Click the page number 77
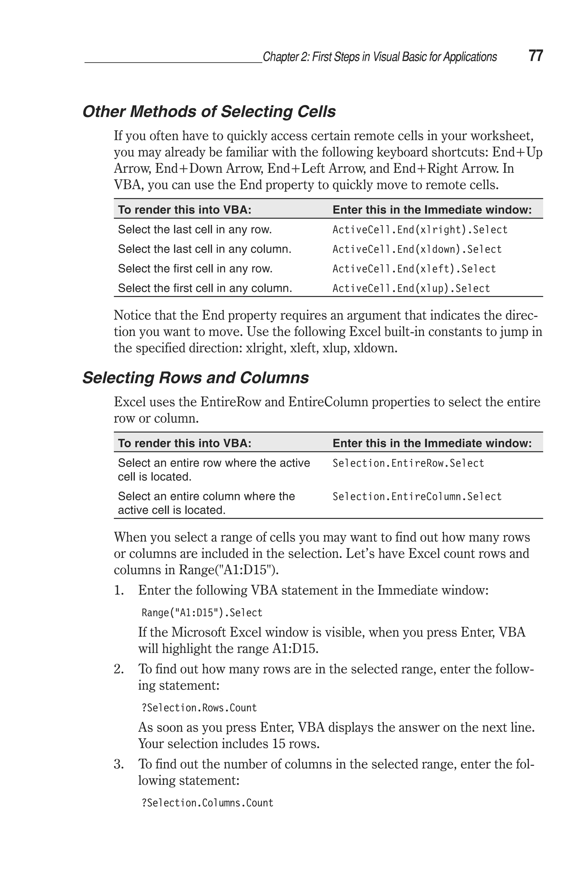(536, 56)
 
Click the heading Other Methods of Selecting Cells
(209, 112)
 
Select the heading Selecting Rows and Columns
(196, 378)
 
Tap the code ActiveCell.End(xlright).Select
(420, 230)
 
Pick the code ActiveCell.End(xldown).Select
(417, 249)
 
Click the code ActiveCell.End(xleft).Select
(414, 269)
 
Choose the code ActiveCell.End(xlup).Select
(411, 288)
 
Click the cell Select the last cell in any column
(205, 249)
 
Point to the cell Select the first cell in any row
(195, 269)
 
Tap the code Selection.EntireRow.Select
(408, 463)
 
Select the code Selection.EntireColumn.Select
(417, 497)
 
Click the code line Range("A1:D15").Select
(202, 613)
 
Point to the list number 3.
(119, 764)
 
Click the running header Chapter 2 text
(379, 57)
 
